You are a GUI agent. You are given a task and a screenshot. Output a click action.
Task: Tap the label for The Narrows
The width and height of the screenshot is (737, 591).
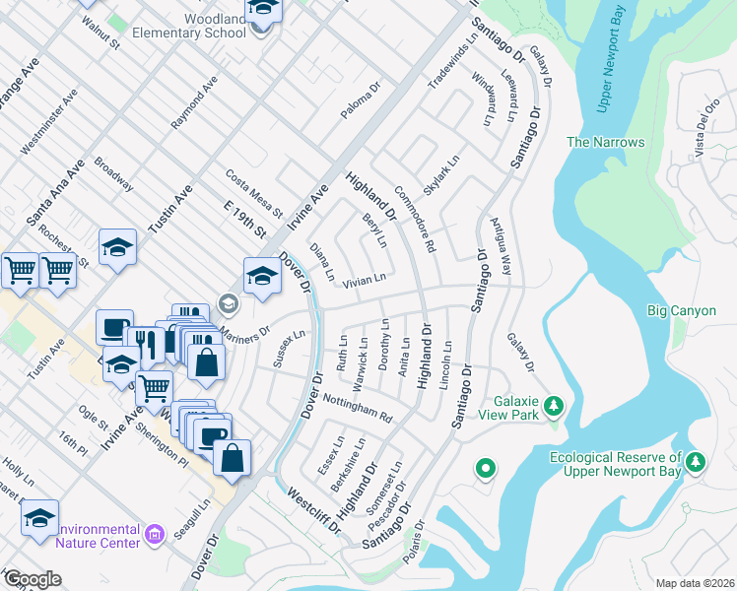click(x=605, y=142)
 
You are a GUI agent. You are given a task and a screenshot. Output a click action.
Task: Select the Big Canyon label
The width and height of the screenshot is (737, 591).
click(x=677, y=311)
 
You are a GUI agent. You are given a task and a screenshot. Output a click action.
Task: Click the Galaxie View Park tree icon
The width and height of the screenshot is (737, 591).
click(x=554, y=406)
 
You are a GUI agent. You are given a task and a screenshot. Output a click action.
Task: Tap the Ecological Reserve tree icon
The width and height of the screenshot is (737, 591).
click(x=696, y=461)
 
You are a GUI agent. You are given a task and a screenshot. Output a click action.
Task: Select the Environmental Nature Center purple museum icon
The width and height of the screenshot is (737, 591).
click(x=153, y=535)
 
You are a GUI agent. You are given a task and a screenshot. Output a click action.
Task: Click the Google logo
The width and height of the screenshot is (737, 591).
click(x=32, y=579)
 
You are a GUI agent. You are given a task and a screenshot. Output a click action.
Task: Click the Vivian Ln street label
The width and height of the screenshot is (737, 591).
click(x=364, y=282)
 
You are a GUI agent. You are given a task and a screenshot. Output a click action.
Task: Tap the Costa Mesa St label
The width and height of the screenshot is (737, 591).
click(x=253, y=193)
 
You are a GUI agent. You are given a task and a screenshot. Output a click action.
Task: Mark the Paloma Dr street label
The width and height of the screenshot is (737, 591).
click(x=361, y=101)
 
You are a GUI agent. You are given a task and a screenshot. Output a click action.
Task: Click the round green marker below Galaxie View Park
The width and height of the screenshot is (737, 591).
click(x=485, y=469)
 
